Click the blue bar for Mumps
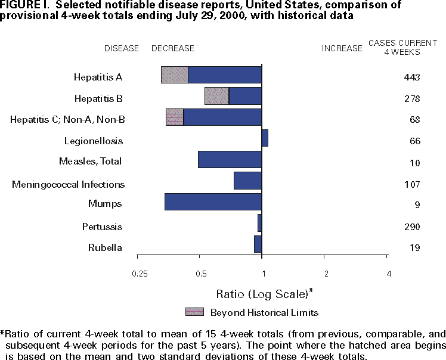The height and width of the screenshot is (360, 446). pos(213,201)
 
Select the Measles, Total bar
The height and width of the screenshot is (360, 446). pos(230,160)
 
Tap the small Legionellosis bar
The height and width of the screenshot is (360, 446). pos(265,138)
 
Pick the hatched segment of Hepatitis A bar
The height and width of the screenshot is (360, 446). pos(175,75)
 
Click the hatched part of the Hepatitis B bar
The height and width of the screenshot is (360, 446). pos(216,96)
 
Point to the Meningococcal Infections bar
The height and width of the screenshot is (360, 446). pos(247,181)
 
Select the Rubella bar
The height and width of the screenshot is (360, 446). pos(258,244)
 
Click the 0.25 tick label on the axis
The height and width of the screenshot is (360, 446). pos(139,274)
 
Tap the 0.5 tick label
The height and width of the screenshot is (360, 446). pos(201,274)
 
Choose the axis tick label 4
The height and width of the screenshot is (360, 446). pos(389,274)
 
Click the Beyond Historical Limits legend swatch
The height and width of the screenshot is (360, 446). pos(194,312)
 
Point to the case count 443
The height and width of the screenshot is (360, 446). pos(411,77)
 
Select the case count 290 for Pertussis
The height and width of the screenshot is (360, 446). pos(411,227)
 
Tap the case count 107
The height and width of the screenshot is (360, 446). pos(411,184)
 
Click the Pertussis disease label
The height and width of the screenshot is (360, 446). pos(103,227)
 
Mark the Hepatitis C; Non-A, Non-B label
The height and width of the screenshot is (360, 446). pos(67,120)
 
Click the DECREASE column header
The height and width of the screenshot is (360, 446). pos(173,48)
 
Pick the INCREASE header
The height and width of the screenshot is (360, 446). pos(342,48)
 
